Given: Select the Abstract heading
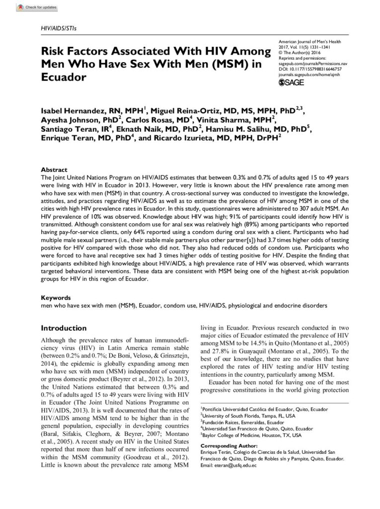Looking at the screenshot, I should click(x=51, y=170).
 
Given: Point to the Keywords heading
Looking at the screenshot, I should click(x=54, y=298).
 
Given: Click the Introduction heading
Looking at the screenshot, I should click(x=64, y=328).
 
